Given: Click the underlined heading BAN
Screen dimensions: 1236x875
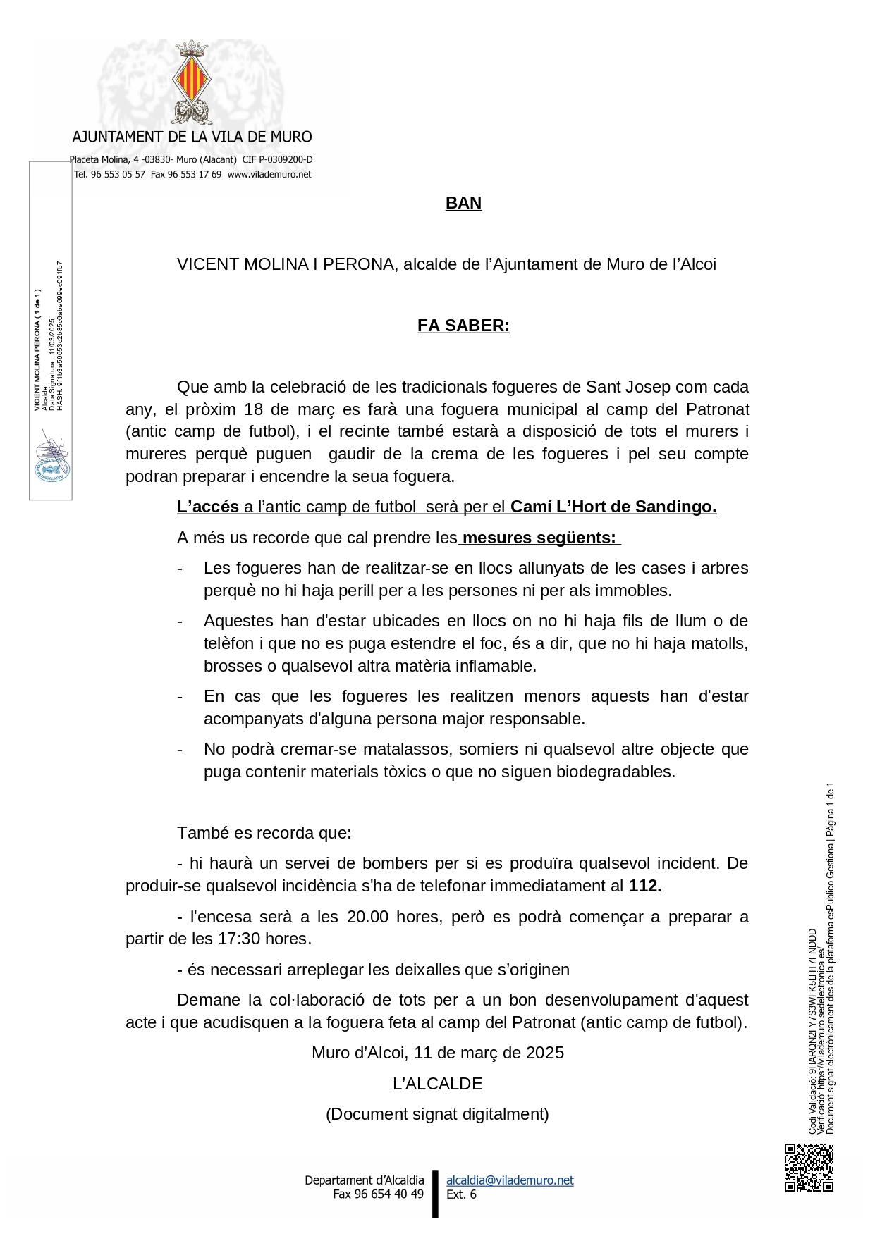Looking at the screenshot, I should [x=463, y=204].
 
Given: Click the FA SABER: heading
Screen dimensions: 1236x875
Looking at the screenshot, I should [x=463, y=326].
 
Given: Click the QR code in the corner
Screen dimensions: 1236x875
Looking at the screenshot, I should [x=809, y=1167].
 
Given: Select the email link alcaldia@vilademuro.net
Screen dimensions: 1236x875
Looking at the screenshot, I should [x=510, y=1180].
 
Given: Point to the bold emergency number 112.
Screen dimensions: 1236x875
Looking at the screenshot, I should [x=644, y=886].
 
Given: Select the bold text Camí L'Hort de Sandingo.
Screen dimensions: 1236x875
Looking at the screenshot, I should [x=613, y=507].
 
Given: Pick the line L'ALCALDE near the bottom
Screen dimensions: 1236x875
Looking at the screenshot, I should [x=437, y=1083].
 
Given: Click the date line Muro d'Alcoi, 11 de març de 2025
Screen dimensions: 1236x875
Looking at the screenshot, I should [x=437, y=1053].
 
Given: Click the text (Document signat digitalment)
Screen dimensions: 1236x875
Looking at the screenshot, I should [x=437, y=1114].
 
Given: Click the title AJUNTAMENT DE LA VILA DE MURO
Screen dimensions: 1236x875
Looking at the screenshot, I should [x=192, y=137].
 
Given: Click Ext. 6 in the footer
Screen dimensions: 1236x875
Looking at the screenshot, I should [x=461, y=1194].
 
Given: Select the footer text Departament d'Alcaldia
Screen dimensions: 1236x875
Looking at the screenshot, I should [x=364, y=1180].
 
